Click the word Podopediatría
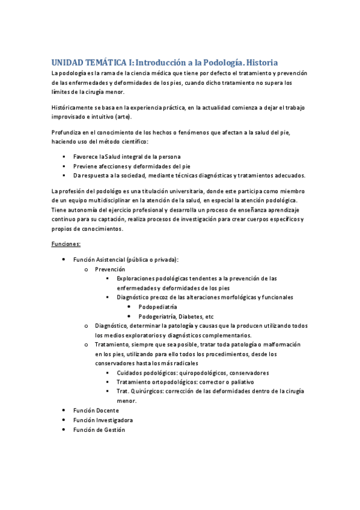(157, 307)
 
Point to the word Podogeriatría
(158, 316)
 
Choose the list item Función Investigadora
(103, 420)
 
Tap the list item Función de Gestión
(99, 429)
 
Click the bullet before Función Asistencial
(64, 259)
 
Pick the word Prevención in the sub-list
(110, 269)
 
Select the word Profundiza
(67, 132)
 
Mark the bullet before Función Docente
(64, 410)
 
